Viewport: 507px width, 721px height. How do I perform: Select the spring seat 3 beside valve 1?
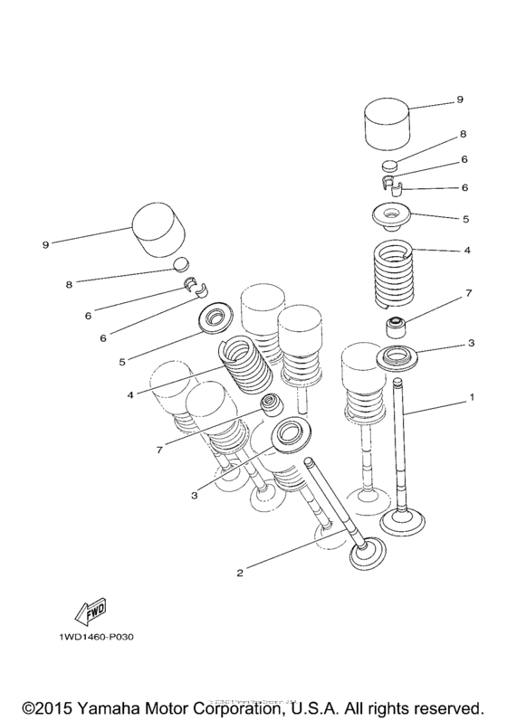397,358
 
